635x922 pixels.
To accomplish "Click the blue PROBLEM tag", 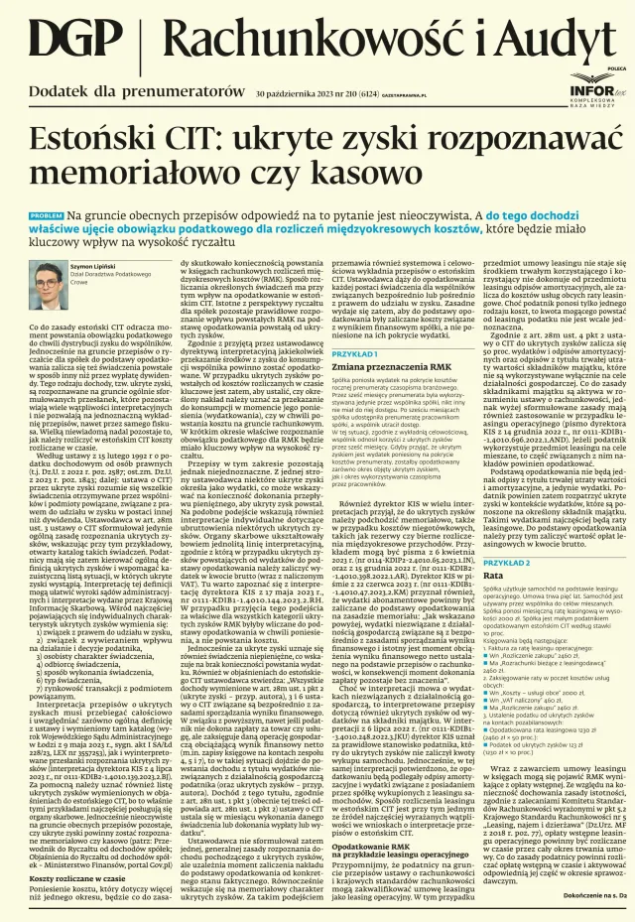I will (x=47, y=215).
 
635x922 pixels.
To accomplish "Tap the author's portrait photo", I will (x=45, y=280).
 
